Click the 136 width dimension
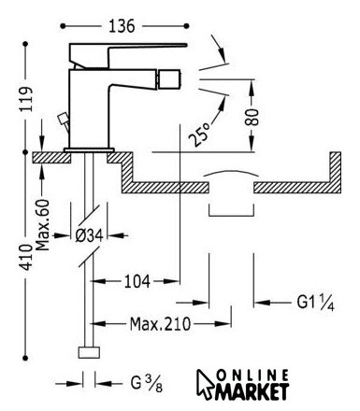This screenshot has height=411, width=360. tap(122, 26)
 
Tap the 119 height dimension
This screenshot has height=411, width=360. tap(26, 99)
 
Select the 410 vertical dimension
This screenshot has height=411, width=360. tap(26, 257)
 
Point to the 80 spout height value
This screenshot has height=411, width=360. tap(252, 117)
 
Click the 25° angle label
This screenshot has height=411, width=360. tap(199, 135)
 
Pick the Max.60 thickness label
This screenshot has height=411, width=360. tap(43, 225)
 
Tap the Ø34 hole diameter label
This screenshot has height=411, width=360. tap(90, 235)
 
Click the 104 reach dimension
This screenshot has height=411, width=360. tap(137, 281)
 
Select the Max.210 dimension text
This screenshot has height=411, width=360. tap(160, 324)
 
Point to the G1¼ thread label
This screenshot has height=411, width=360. tap(315, 303)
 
